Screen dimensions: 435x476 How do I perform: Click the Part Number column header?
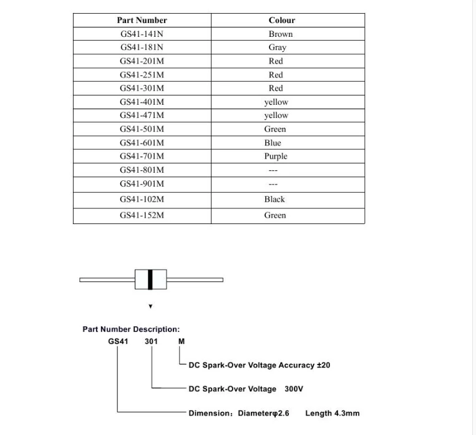point(142,20)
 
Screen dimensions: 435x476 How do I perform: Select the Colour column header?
point(281,20)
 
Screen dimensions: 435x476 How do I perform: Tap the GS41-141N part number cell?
point(142,34)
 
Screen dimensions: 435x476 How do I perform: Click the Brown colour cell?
point(281,34)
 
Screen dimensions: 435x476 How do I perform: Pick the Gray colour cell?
point(278,47)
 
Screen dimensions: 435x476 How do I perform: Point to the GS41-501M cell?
point(142,129)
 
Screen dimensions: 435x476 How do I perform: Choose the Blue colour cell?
point(273,143)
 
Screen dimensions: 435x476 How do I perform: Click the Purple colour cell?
point(275,157)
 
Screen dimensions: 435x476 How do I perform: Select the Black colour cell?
point(274,199)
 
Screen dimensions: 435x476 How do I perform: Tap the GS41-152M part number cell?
point(142,215)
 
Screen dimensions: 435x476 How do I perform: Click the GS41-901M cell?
point(142,183)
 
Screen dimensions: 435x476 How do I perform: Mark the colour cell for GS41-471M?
point(276,115)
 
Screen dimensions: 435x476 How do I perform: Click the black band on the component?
point(150,280)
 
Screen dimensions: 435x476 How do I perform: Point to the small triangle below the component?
point(150,306)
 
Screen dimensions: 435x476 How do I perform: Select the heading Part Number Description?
point(131,329)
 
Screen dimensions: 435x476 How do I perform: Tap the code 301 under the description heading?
point(151,341)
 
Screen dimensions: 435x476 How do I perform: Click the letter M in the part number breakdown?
point(182,341)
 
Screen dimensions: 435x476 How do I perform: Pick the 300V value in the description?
point(293,389)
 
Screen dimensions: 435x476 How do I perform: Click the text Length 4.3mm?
point(332,413)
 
